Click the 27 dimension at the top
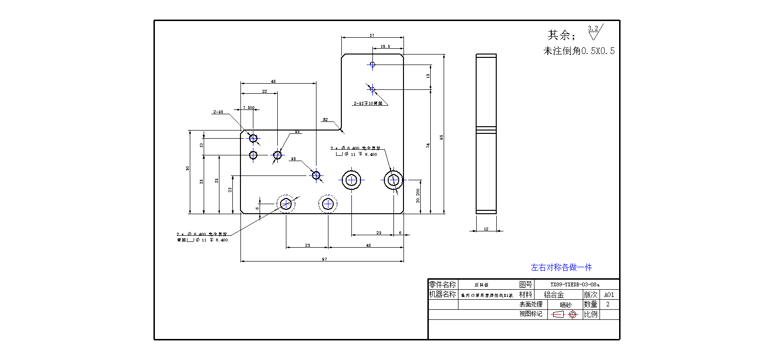372,35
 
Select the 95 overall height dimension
442,137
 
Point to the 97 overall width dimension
325,259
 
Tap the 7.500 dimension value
249,108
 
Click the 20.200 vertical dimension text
418,195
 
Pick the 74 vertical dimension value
428,145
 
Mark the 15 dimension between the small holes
428,76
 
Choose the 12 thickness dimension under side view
486,229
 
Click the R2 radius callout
325,120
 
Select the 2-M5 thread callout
218,112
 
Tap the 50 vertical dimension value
188,168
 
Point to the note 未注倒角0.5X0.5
578,51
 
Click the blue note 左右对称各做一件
561,267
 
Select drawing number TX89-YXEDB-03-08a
575,284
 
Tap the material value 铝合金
554,295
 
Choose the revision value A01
609,295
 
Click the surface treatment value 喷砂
566,305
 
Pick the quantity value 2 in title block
608,304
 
